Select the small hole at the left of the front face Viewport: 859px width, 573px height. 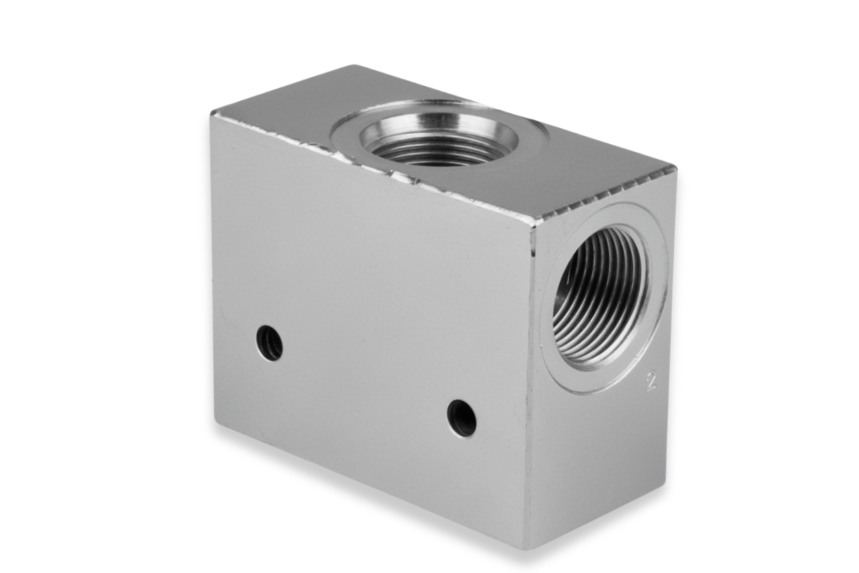coord(270,342)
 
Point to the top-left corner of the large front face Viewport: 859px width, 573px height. coord(211,114)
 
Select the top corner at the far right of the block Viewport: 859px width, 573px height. coord(676,168)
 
